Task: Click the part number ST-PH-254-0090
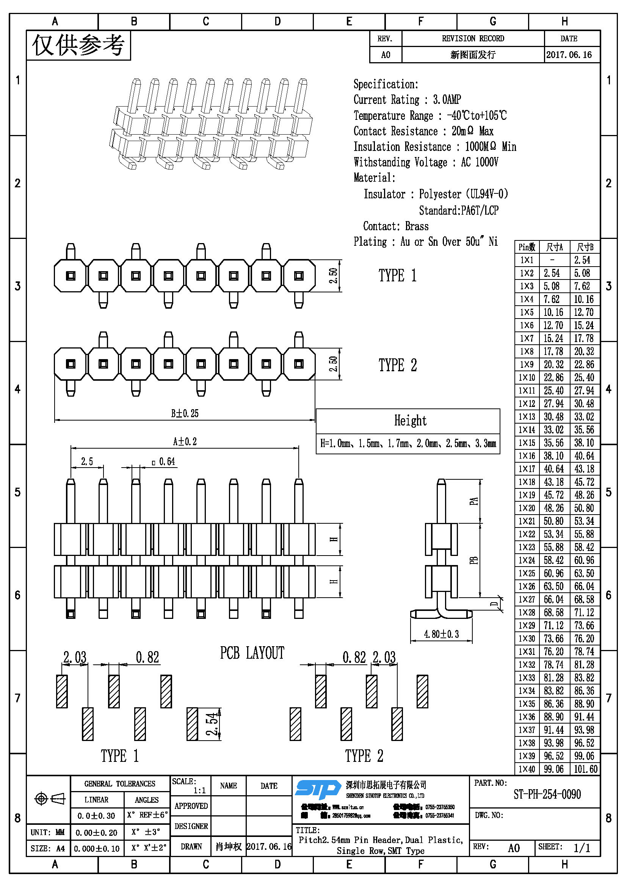(547, 794)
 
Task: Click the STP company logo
(318, 789)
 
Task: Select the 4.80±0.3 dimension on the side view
(441, 634)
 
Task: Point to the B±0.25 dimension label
(185, 413)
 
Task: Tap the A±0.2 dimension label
(185, 441)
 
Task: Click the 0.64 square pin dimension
(166, 462)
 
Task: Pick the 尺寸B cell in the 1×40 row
(585, 769)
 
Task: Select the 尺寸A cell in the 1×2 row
(552, 273)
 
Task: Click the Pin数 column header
(527, 247)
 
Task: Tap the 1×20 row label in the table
(527, 508)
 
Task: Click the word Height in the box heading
(410, 421)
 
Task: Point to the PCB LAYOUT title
(252, 653)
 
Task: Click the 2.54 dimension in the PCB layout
(212, 724)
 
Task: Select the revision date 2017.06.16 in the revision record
(569, 55)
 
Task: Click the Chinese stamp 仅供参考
(78, 46)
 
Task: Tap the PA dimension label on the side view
(474, 501)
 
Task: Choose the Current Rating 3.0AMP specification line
(407, 100)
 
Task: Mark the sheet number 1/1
(582, 848)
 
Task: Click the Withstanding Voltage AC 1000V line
(425, 162)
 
